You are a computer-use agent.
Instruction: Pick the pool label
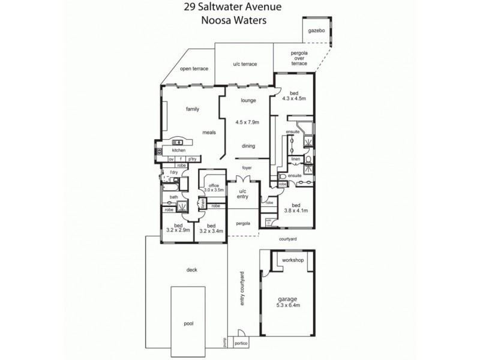(x=188, y=323)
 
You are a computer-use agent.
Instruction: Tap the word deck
(x=192, y=269)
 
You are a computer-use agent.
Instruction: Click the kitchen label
(x=179, y=150)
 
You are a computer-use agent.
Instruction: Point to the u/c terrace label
(x=245, y=64)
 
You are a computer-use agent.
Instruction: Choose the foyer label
(x=247, y=167)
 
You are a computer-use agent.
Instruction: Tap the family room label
(x=192, y=109)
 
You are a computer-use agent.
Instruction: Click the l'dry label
(x=174, y=172)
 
